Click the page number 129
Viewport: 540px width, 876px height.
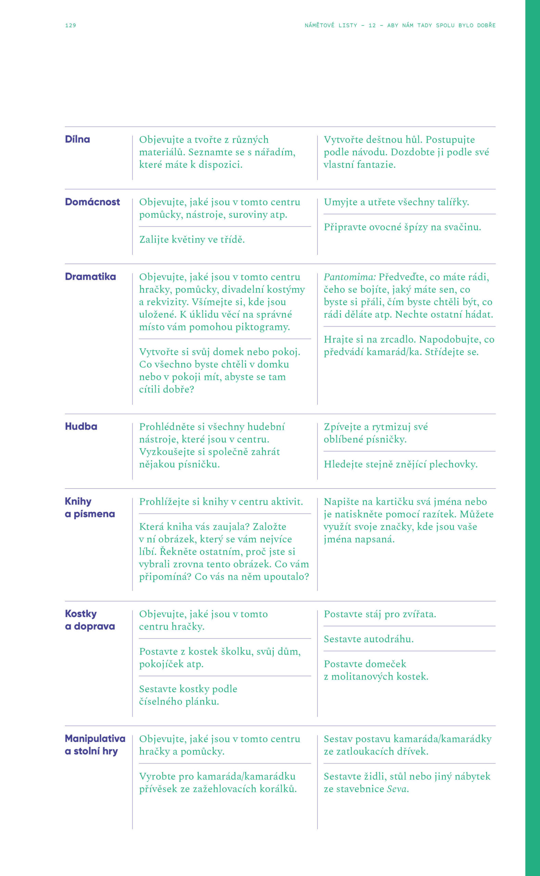(70, 25)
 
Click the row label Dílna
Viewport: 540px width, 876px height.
(77, 140)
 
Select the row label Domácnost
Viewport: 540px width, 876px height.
(92, 202)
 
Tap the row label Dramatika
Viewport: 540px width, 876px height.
(90, 277)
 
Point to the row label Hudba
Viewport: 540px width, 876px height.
(81, 426)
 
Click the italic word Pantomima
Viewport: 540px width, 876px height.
(349, 277)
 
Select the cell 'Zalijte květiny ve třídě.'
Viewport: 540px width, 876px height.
(192, 240)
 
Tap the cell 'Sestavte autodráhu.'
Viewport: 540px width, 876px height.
(368, 639)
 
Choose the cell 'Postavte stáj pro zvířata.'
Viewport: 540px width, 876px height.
(380, 614)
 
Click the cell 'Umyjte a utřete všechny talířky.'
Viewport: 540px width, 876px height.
(396, 202)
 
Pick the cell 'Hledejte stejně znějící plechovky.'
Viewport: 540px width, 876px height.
(400, 464)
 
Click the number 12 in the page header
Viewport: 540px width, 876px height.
(372, 25)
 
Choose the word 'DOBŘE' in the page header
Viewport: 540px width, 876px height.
(486, 25)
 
